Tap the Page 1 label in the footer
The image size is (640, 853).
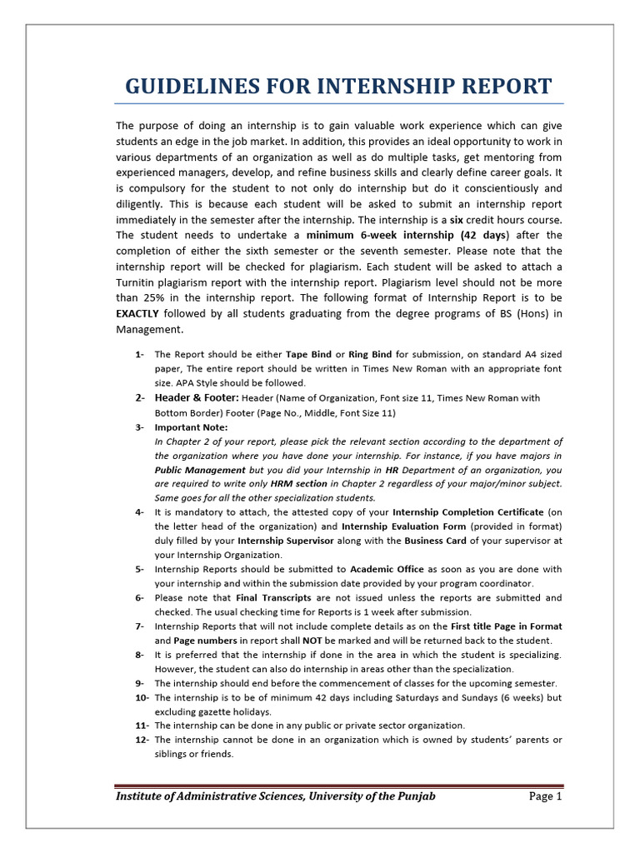(x=546, y=796)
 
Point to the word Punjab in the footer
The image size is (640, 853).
(x=413, y=796)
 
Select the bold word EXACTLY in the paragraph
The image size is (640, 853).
(x=137, y=313)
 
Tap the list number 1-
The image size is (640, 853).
(x=139, y=354)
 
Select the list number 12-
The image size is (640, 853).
(x=141, y=740)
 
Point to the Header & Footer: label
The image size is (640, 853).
(x=197, y=398)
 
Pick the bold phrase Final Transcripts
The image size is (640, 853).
(x=273, y=598)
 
